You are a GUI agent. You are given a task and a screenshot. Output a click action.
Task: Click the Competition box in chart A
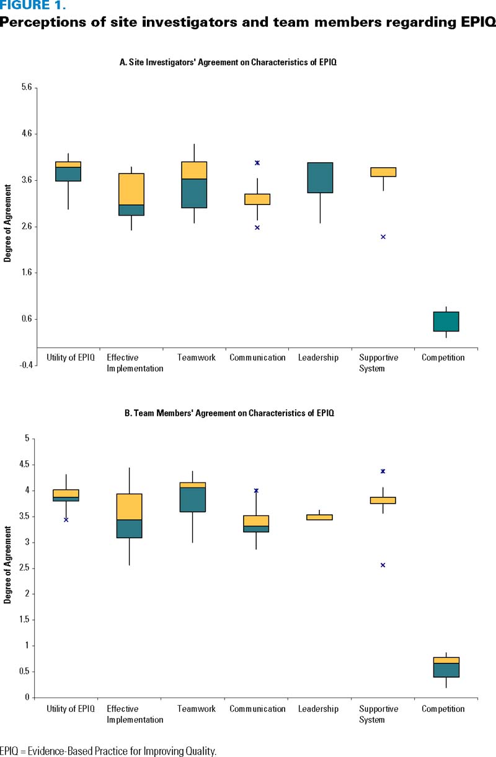446,322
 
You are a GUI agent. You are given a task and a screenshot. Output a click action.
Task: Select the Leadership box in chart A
320,178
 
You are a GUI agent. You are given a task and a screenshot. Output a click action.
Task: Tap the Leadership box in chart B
320,517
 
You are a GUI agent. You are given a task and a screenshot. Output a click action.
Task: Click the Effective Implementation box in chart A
131,195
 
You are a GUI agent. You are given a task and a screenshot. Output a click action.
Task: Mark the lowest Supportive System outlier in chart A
383,237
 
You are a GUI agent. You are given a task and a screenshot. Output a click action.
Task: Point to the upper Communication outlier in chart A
257,163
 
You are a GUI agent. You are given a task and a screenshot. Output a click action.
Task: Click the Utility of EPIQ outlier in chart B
66,520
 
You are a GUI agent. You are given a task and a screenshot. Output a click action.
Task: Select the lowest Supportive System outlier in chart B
383,565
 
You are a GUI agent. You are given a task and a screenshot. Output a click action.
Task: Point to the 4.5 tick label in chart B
25,465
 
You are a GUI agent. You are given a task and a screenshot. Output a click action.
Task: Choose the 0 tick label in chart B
28,698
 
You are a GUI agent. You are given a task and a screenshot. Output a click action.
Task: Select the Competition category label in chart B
443,709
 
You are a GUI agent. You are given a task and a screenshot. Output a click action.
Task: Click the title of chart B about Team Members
229,413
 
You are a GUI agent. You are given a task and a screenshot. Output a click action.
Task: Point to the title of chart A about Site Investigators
228,63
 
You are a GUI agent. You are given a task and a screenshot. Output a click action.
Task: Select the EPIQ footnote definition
108,751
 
